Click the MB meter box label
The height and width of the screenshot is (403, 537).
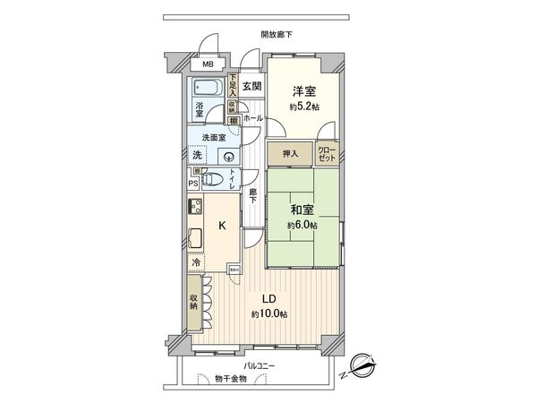[207, 64]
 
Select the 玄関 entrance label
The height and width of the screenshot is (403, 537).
[251, 87]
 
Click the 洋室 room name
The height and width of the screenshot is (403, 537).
[302, 90]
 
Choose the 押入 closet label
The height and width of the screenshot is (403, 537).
[290, 153]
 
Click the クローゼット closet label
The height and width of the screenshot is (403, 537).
[327, 152]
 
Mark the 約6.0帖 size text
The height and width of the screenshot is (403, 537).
[302, 225]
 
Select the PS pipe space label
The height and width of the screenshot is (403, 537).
[193, 184]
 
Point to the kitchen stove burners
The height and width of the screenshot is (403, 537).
[194, 209]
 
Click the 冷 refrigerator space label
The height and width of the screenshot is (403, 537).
[195, 265]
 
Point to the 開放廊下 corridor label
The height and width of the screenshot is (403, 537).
[277, 34]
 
